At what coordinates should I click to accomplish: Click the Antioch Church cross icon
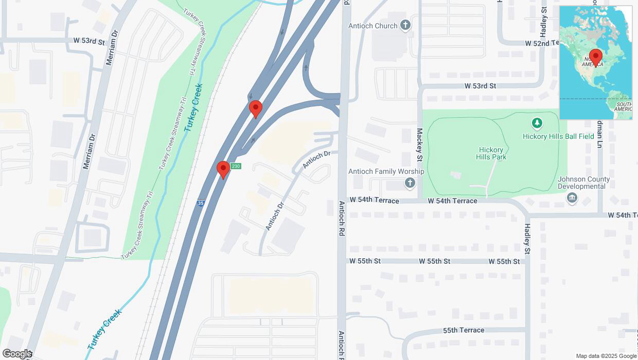(405, 26)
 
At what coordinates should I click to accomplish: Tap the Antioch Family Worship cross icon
(410, 183)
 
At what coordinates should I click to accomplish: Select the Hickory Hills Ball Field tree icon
(537, 123)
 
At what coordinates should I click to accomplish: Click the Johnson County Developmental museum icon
(572, 199)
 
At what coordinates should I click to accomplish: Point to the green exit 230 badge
(236, 166)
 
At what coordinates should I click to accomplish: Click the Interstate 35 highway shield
(201, 203)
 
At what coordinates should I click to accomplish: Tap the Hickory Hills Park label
(491, 153)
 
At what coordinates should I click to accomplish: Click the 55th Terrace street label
(464, 330)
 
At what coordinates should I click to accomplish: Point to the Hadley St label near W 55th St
(527, 239)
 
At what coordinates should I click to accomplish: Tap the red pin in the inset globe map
(596, 57)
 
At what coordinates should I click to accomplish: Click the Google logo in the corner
(17, 354)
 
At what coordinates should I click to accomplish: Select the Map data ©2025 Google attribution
(606, 356)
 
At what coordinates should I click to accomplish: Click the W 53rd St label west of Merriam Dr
(88, 40)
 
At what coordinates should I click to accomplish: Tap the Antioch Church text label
(373, 26)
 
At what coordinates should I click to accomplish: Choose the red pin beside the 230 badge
(223, 169)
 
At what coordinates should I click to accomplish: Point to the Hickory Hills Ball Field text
(558, 136)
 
